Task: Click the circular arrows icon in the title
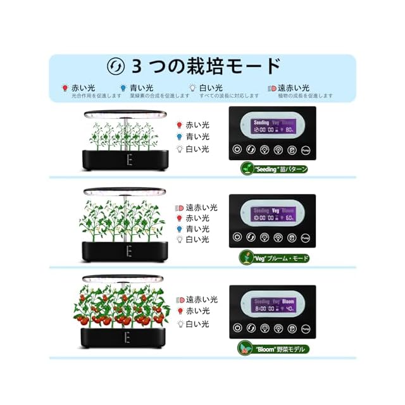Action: [116, 66]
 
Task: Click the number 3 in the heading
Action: [138, 66]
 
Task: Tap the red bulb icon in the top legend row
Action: [64, 89]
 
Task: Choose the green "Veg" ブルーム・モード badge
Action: [274, 258]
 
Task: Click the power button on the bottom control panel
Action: [236, 328]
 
